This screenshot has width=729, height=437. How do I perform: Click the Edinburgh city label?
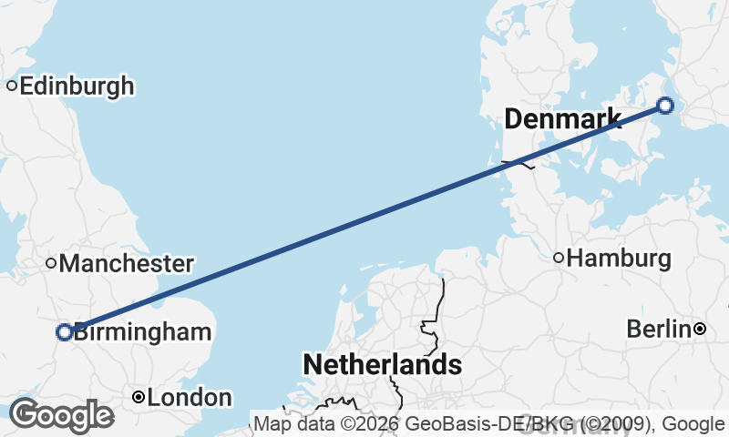77,86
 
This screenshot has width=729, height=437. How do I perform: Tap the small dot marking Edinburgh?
12,86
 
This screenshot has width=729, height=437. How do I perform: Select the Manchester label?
126,264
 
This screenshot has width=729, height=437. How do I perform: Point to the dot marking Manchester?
52,264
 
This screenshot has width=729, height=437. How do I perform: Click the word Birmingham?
142,332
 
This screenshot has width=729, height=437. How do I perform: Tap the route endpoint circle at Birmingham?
65,332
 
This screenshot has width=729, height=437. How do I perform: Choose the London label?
190,398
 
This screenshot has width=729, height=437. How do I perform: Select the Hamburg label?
619,259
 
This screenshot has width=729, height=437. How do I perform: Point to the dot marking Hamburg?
559,258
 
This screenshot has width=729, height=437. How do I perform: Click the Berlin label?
658,329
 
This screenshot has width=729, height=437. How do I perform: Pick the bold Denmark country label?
562,118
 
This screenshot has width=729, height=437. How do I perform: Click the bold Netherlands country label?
382,365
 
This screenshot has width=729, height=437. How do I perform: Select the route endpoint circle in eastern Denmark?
665,106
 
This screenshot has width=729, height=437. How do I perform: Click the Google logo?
60,415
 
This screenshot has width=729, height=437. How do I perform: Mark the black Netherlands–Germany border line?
442,300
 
